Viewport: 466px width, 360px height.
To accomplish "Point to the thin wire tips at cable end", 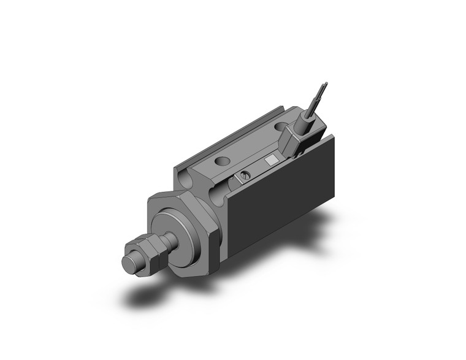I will pyautogui.click(x=323, y=88).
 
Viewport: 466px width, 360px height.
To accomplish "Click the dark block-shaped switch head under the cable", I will pyautogui.click(x=293, y=142).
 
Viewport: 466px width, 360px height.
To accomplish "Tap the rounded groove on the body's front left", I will pyautogui.click(x=183, y=180).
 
